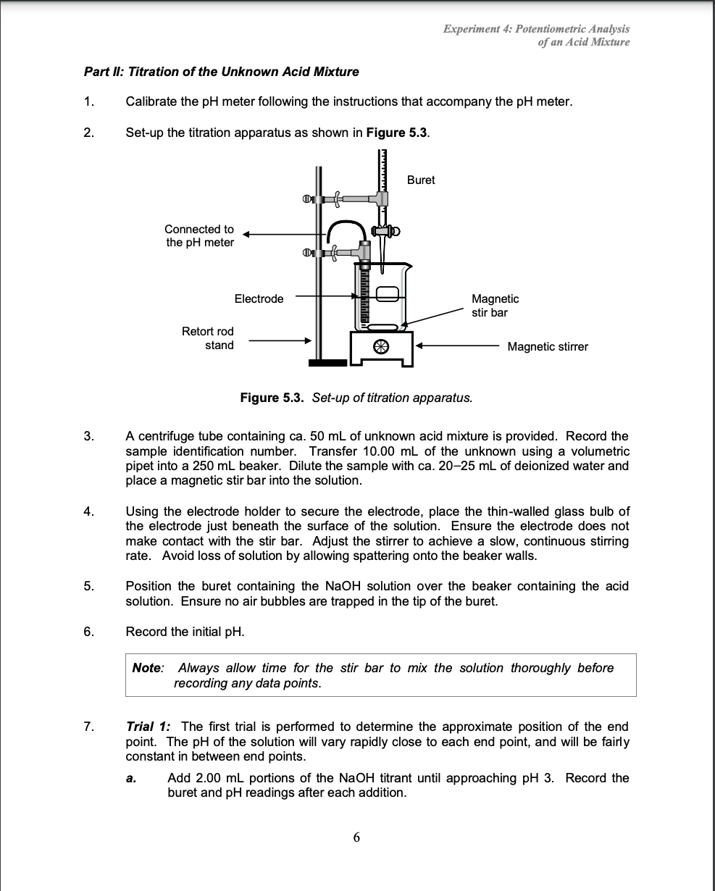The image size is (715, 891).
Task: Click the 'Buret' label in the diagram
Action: (x=421, y=180)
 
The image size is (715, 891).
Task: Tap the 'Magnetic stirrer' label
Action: (x=548, y=347)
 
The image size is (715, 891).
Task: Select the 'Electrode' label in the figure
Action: (x=259, y=298)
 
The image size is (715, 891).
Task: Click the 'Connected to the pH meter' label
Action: (x=199, y=235)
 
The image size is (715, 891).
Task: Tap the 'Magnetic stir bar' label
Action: (x=495, y=306)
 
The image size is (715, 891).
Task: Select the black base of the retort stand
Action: (x=324, y=361)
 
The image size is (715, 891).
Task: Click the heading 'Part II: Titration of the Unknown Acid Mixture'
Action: (x=221, y=72)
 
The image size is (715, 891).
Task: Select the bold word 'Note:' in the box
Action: (x=149, y=668)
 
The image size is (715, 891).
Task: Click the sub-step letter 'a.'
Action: (x=131, y=779)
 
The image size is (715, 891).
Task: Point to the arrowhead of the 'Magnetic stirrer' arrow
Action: (x=419, y=346)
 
